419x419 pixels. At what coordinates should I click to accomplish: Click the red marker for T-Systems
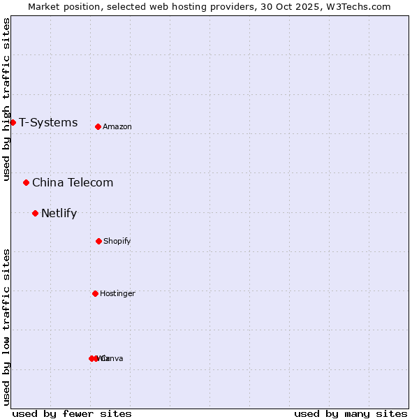pos(13,123)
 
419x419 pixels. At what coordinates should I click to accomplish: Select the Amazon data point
pos(98,126)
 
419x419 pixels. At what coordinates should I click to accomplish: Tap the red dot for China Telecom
pos(26,183)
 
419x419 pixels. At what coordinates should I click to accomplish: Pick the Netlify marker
pos(35,213)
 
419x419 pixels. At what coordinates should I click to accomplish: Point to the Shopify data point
pos(98,241)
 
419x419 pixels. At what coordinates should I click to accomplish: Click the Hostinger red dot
pos(95,293)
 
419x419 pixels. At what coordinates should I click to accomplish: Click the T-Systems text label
pos(48,123)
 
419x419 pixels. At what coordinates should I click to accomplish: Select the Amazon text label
pos(117,127)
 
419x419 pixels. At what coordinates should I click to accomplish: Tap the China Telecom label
pos(73,183)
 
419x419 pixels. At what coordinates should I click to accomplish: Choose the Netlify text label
pos(59,214)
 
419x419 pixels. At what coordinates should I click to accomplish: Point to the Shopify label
pos(117,242)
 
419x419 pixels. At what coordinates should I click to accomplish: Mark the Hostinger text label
pos(117,294)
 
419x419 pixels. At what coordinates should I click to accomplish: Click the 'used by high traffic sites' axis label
pos(6,99)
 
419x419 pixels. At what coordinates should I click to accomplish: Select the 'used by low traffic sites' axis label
pos(6,326)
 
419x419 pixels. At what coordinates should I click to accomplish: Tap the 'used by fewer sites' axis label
pos(72,413)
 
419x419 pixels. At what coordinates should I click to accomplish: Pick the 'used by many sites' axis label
pos(351,413)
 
